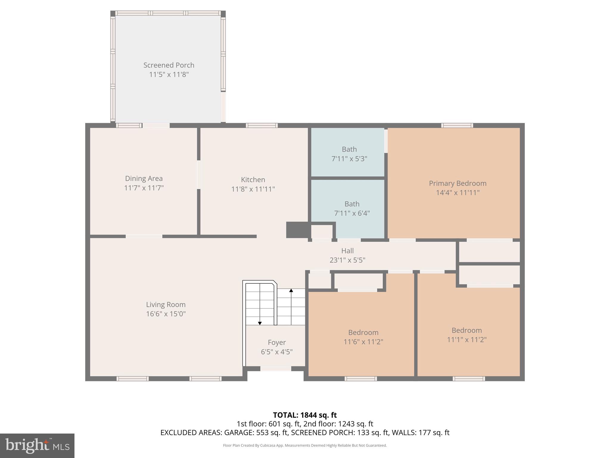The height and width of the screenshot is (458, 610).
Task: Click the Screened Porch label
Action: (169, 65)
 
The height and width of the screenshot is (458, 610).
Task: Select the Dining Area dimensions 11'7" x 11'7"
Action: (144, 188)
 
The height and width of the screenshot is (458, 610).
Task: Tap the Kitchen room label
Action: (253, 180)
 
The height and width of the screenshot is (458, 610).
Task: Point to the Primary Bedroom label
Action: (457, 183)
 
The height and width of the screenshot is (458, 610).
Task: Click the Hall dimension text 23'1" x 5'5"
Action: (347, 260)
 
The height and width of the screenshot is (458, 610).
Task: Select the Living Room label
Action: (166, 304)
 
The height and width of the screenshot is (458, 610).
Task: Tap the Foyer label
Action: (277, 342)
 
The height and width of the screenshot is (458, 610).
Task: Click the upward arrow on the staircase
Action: (291, 290)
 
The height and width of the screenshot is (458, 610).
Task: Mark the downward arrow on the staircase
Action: (260, 323)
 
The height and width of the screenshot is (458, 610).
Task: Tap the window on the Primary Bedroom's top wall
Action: (457, 126)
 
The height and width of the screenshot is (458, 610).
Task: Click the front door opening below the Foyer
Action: (276, 369)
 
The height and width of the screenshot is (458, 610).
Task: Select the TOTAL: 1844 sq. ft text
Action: (305, 415)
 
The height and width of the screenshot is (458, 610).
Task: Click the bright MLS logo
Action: (37, 445)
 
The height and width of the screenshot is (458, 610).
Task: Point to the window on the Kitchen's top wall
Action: (262, 126)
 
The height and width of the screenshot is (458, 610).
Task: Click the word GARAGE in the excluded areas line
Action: (239, 433)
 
